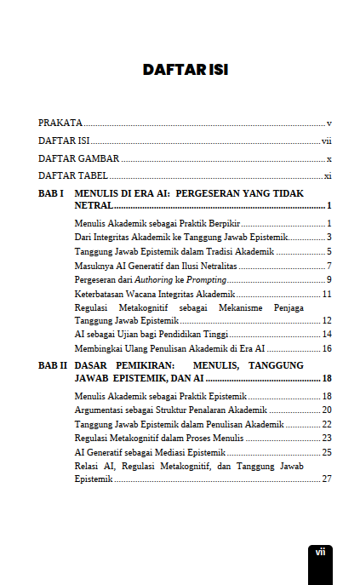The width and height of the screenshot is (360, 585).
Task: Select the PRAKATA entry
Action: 60,123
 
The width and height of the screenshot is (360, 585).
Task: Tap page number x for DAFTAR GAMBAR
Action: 329,158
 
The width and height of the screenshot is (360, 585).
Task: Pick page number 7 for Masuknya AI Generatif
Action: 329,266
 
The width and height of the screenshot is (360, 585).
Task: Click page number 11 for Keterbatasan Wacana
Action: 327,294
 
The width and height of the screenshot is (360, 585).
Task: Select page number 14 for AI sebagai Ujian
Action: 327,334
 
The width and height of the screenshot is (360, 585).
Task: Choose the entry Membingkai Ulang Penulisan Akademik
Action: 171,348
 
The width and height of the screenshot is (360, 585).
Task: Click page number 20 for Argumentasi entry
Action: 327,410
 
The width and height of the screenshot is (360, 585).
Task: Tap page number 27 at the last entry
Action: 327,479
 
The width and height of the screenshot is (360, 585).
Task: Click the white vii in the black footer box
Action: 320,552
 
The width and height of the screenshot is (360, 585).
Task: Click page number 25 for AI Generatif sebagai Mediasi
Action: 327,452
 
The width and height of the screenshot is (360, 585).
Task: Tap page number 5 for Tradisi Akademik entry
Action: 329,251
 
